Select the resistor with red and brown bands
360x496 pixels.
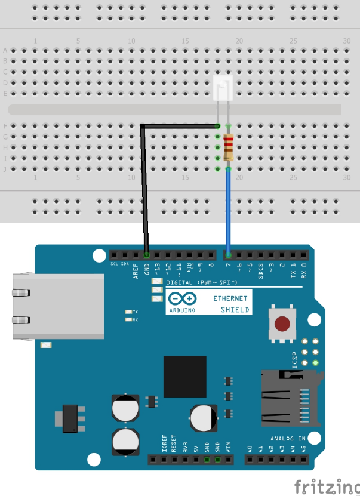click(x=229, y=147)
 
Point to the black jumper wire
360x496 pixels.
click(x=144, y=191)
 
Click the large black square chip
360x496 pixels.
click(x=184, y=377)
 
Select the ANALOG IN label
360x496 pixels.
click(x=288, y=439)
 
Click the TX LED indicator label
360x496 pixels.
click(x=136, y=312)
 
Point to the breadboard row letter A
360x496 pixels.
click(x=5, y=50)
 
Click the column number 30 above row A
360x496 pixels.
click(x=347, y=41)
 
